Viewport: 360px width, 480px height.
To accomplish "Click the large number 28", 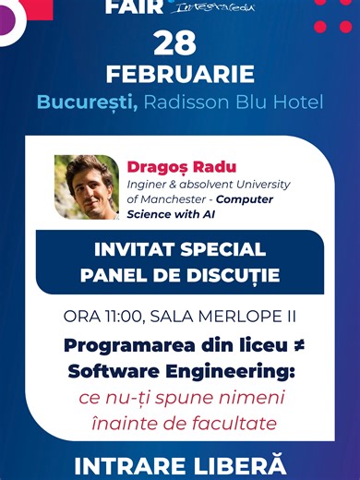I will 180,43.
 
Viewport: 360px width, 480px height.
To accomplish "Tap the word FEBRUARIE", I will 180,74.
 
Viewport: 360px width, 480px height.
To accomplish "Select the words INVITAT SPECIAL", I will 180,250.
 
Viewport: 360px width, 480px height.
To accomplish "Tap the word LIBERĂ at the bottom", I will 238,463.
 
